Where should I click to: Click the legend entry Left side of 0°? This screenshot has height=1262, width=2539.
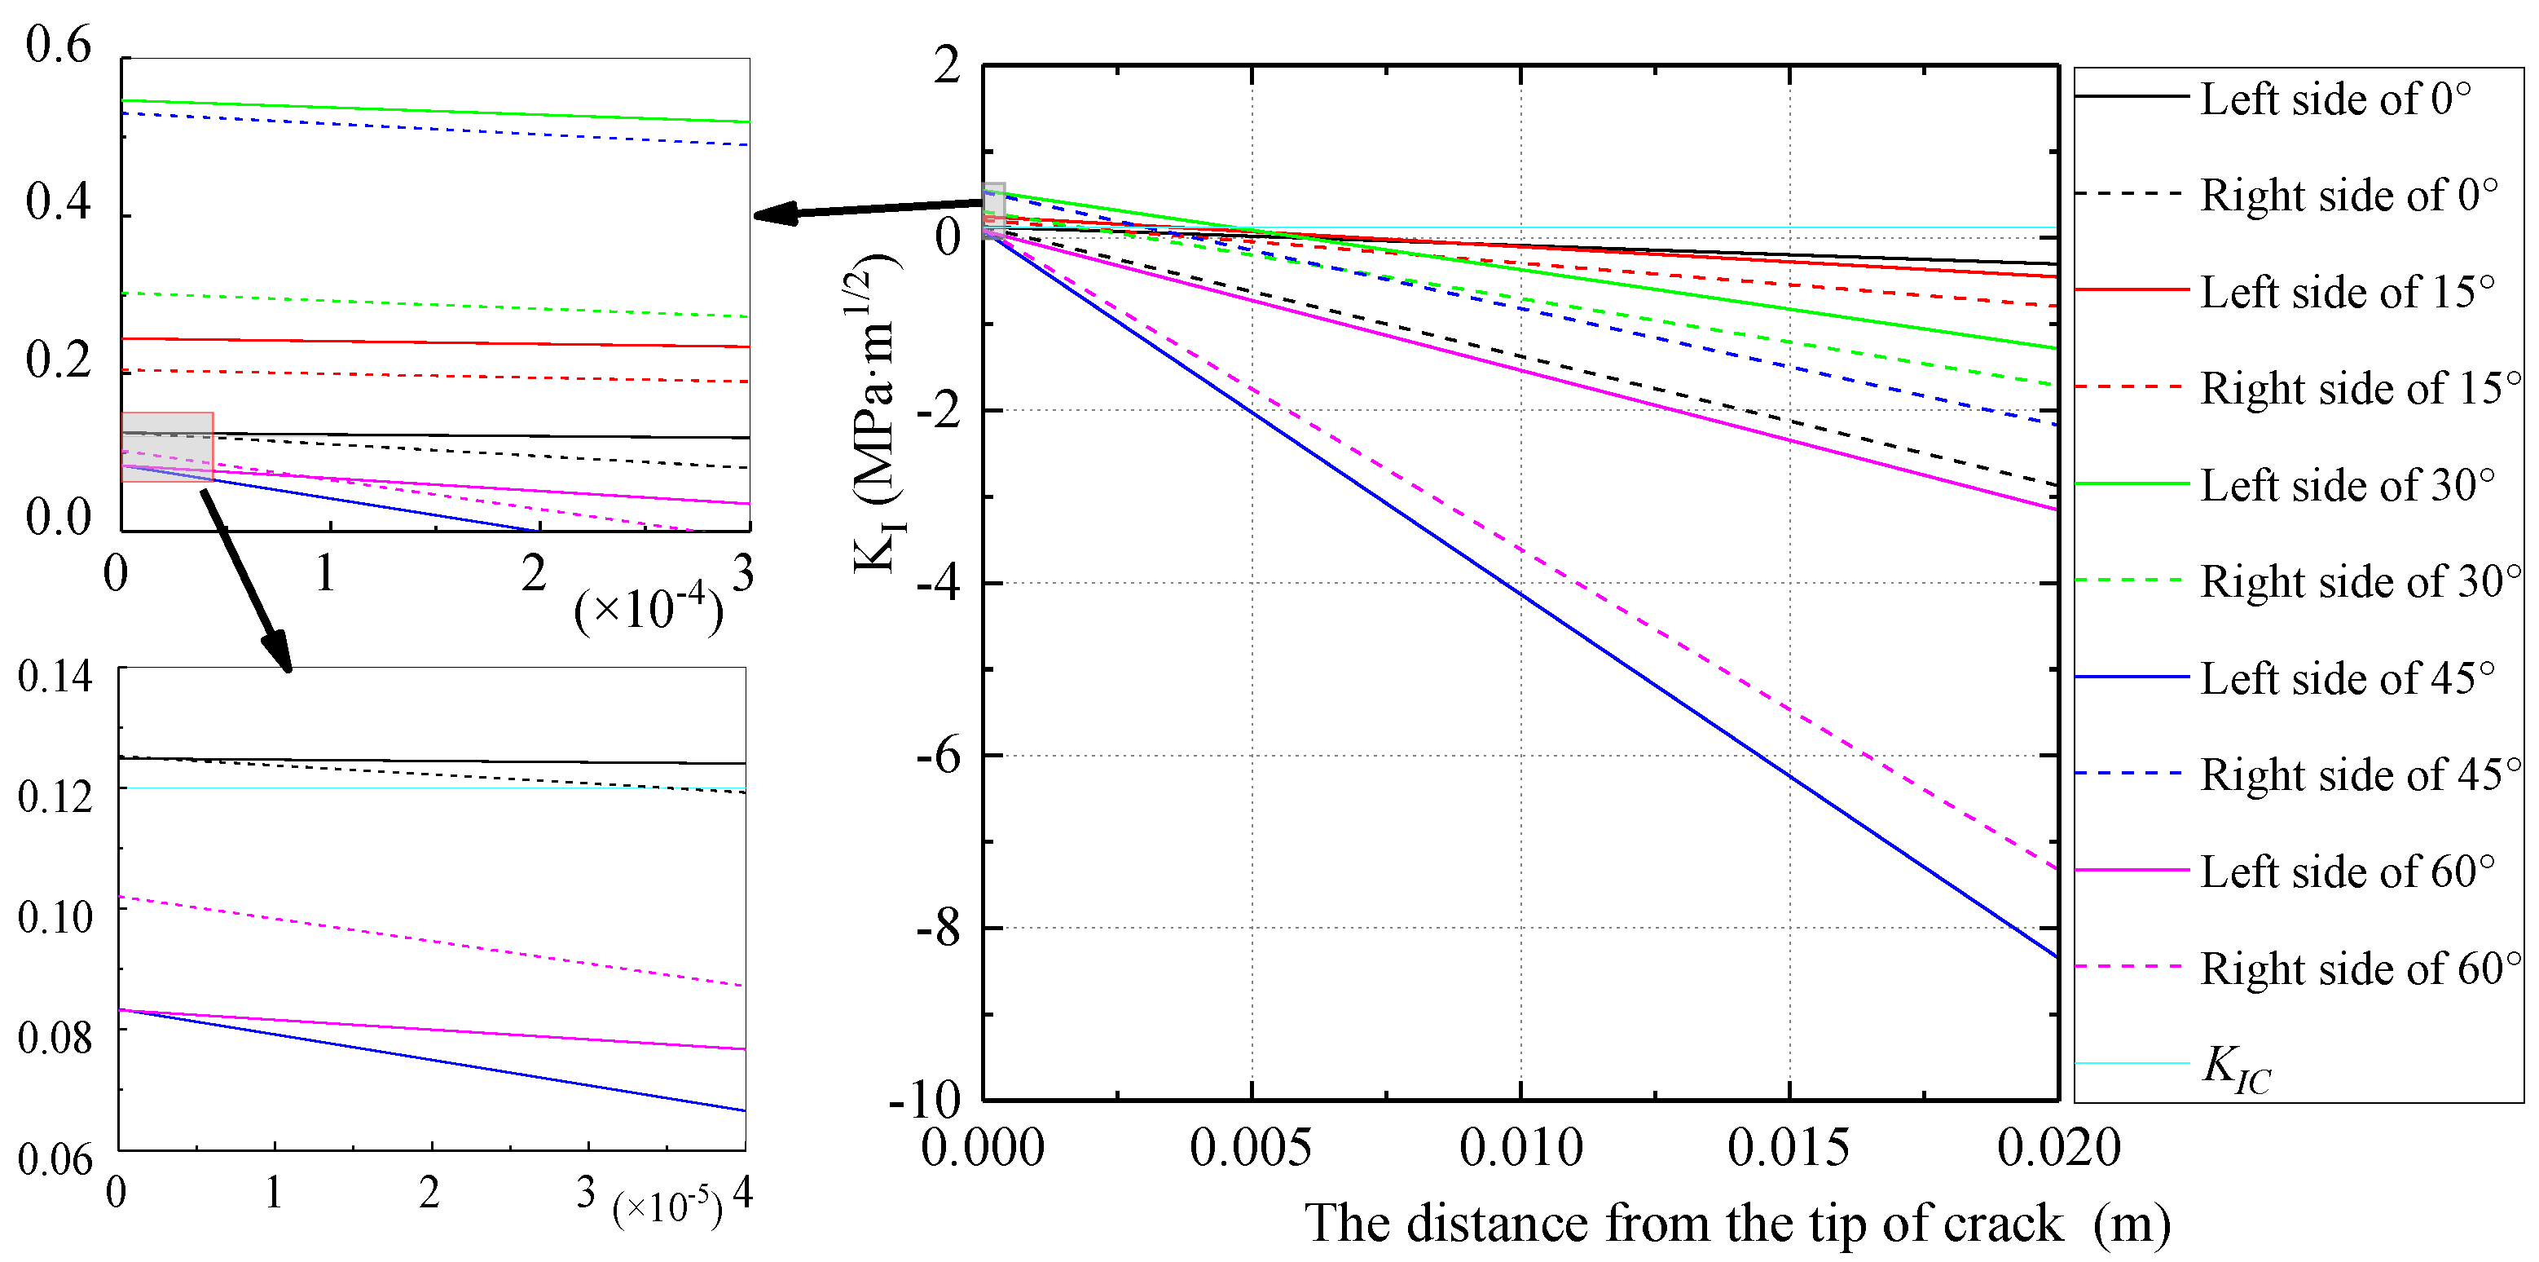tap(2336, 99)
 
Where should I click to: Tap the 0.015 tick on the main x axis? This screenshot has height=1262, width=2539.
tap(1788, 1148)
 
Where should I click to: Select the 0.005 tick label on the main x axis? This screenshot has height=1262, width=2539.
tap(1251, 1148)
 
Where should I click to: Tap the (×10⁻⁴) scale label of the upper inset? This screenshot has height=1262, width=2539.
tap(649, 609)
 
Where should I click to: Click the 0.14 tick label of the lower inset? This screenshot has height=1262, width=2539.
tap(55, 677)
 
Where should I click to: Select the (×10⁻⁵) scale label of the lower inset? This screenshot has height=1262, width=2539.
tap(667, 1207)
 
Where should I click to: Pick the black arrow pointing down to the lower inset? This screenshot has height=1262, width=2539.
tap(246, 582)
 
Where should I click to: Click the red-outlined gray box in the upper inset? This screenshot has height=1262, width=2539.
tap(166, 447)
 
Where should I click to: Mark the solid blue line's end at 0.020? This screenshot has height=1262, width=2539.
tap(2057, 956)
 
